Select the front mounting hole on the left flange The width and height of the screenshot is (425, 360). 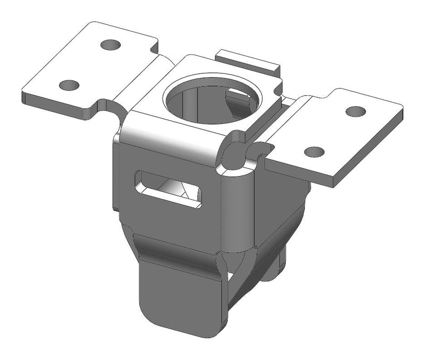point(69,85)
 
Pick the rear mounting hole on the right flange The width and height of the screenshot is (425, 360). point(355,112)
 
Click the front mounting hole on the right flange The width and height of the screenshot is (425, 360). point(314,152)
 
